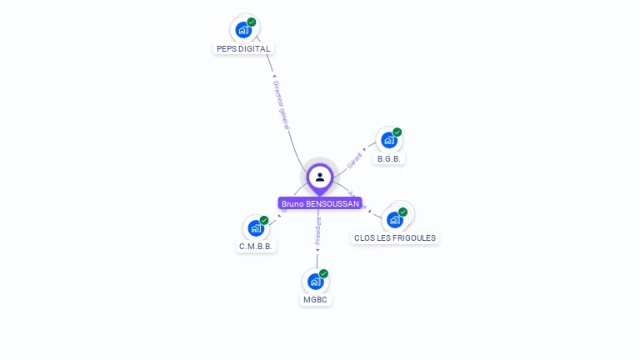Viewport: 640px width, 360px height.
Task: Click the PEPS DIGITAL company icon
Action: [x=243, y=30]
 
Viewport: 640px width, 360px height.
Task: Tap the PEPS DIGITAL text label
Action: [x=243, y=48]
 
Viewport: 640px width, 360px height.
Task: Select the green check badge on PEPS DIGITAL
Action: [x=252, y=22]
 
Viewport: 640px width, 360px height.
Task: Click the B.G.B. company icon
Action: [x=388, y=140]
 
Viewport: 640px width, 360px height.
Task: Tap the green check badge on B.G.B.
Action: [x=397, y=132]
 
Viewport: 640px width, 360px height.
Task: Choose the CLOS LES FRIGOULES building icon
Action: [x=394, y=220]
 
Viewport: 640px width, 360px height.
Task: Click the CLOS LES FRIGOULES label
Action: [x=395, y=238]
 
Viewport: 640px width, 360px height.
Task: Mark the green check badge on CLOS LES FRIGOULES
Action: [x=402, y=212]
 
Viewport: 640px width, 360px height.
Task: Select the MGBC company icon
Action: [x=315, y=281]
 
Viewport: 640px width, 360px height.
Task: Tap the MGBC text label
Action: [x=316, y=299]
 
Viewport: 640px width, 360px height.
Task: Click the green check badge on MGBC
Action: [x=323, y=273]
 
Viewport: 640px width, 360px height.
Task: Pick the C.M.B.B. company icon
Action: [x=255, y=227]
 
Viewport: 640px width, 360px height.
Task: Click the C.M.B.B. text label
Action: [x=256, y=246]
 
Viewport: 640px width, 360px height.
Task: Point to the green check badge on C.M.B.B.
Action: [x=264, y=220]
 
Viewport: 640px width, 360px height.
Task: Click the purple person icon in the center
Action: [x=320, y=177]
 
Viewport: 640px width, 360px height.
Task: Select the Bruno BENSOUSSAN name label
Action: [x=320, y=203]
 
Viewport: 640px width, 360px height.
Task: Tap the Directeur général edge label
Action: [x=281, y=104]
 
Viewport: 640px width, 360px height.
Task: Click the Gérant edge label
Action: [x=355, y=160]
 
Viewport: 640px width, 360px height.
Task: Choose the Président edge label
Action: [x=317, y=230]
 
